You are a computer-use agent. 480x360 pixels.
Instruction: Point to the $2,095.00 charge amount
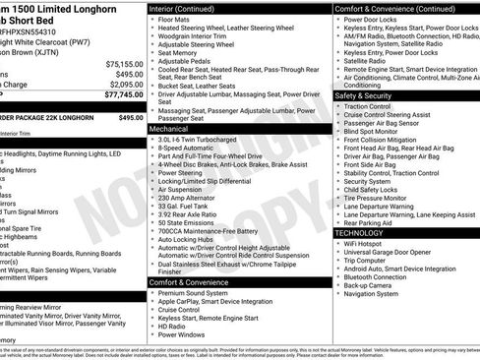[124, 85]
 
